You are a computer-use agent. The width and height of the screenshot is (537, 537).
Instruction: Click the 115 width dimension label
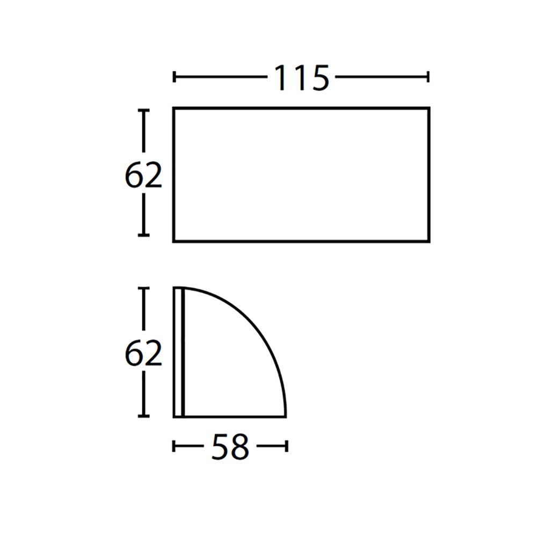[x=302, y=78]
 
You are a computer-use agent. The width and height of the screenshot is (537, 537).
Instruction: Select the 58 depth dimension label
[x=230, y=447]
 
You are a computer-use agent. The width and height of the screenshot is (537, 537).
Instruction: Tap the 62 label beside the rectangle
[x=143, y=175]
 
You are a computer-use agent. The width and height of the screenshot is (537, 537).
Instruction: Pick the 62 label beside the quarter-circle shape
[x=143, y=353]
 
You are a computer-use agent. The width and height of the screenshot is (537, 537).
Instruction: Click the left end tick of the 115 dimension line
[x=175, y=77]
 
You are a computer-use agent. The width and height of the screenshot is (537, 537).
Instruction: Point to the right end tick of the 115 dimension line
[x=428, y=77]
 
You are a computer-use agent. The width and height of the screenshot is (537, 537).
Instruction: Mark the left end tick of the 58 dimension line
[x=173, y=446]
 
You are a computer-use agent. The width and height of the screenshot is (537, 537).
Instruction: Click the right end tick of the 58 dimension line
[x=287, y=446]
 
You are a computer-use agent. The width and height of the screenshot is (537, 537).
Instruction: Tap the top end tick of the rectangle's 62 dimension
[x=143, y=110]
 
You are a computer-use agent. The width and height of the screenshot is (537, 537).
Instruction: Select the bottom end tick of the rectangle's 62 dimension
[x=143, y=235]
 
